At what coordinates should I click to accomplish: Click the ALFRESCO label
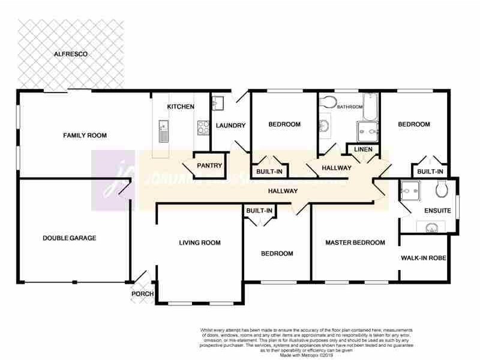(x=71, y=54)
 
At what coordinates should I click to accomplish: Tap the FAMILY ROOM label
(x=85, y=136)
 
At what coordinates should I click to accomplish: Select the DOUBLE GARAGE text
(x=69, y=238)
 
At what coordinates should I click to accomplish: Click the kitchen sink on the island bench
(x=163, y=127)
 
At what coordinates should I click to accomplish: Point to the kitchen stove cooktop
(x=202, y=127)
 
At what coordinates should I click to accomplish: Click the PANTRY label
(x=209, y=166)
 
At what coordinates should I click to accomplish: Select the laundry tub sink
(x=217, y=104)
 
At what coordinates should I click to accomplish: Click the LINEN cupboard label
(x=364, y=149)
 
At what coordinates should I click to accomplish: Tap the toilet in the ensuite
(x=443, y=190)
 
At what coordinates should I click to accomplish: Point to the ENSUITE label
(x=437, y=211)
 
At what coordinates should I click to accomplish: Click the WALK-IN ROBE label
(x=422, y=259)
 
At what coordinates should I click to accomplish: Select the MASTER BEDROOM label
(x=355, y=243)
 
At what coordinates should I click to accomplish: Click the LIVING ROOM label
(x=200, y=243)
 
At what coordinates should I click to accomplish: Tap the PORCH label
(x=143, y=294)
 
